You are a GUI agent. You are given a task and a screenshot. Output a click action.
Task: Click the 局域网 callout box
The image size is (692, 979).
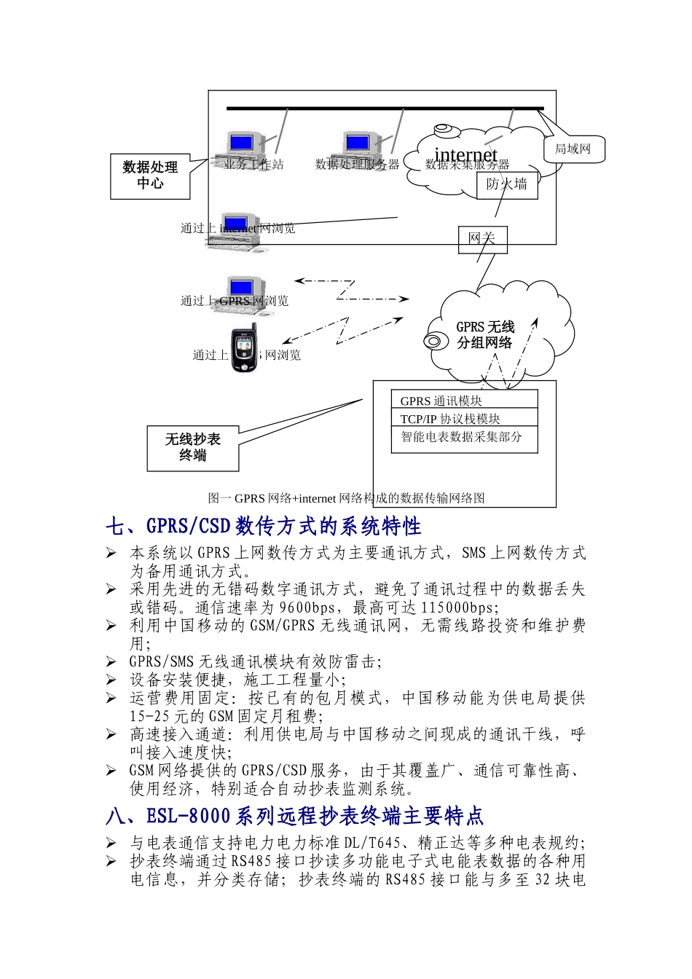(x=573, y=149)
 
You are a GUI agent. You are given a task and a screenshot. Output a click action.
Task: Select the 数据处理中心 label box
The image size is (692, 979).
(x=150, y=176)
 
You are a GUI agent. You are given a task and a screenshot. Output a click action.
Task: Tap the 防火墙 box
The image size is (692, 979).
(x=507, y=184)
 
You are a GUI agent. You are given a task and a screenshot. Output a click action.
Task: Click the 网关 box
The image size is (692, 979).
(x=481, y=239)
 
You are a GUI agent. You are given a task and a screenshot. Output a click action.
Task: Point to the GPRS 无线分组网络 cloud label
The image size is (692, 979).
(x=485, y=335)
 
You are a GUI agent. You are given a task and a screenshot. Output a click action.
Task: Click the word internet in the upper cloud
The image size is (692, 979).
(x=465, y=155)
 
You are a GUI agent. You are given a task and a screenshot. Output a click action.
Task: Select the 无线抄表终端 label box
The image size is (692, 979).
(x=193, y=448)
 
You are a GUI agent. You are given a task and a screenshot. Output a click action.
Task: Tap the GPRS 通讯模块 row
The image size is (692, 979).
(x=464, y=400)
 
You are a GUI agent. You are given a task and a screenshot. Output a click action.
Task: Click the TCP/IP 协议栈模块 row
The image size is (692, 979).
(x=464, y=418)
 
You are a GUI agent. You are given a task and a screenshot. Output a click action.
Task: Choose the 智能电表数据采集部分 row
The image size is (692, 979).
(x=464, y=438)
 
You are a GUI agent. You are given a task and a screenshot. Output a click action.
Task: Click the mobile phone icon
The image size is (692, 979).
(x=245, y=348)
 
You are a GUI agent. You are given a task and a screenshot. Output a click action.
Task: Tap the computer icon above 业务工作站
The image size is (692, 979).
(x=240, y=146)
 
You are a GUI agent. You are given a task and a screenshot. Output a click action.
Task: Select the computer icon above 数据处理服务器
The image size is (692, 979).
(x=357, y=146)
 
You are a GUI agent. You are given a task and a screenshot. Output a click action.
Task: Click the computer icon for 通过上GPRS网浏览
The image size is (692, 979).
(x=240, y=291)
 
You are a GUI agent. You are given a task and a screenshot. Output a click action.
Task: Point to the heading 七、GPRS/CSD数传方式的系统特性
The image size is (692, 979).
(x=263, y=526)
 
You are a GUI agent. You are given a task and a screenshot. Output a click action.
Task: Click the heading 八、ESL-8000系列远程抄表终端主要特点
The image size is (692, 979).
(x=294, y=816)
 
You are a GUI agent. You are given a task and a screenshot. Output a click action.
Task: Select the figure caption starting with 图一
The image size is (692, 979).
(x=346, y=498)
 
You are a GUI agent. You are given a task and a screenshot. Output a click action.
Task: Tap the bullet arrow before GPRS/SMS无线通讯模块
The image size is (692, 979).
(x=111, y=661)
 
